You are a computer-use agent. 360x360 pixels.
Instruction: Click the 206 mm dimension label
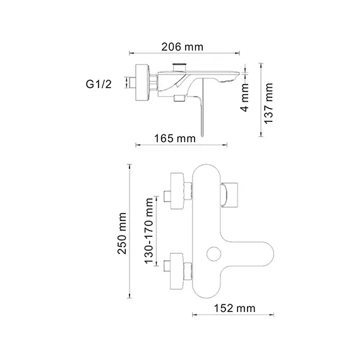point(181,47)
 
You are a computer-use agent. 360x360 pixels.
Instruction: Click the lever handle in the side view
point(201,114)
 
